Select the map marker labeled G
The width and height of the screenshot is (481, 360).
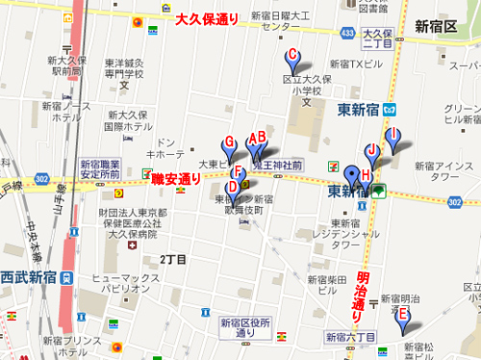(228, 148)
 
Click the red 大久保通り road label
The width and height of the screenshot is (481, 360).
(207, 18)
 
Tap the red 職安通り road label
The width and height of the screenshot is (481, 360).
(177, 178)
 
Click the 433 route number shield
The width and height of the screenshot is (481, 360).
(346, 33)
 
